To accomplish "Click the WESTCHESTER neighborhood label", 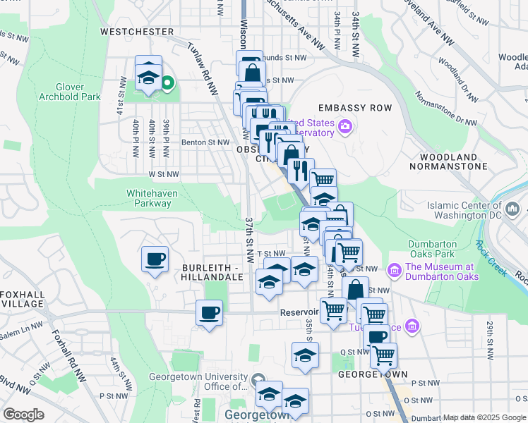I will [137, 32].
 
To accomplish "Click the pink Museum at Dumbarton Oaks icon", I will [394, 268].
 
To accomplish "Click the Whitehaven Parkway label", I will [149, 198].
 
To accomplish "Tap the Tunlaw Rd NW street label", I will [203, 68].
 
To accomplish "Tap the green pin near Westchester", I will [167, 83].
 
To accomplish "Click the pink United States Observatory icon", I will [344, 127].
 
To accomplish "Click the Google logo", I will [23, 415].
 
